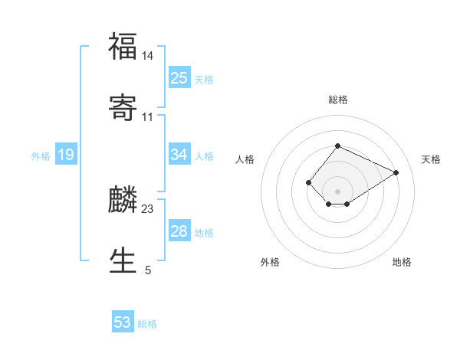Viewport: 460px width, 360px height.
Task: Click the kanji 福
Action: (x=123, y=47)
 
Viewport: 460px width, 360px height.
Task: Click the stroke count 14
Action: (x=148, y=56)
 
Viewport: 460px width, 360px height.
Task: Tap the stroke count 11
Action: (x=148, y=117)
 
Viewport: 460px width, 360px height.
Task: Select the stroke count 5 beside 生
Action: (x=148, y=270)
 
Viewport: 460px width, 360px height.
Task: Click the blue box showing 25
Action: (x=179, y=78)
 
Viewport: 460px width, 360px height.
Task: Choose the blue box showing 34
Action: (x=179, y=155)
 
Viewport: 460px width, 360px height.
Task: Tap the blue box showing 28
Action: (x=179, y=231)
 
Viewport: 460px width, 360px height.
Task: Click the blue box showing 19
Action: (x=66, y=155)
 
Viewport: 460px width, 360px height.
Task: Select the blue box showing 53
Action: (x=123, y=322)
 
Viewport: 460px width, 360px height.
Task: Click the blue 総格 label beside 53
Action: (x=147, y=324)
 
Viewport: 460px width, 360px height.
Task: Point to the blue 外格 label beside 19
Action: (x=41, y=156)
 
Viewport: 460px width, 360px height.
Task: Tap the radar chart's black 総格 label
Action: (x=337, y=100)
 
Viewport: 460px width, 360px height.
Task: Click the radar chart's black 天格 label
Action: (x=431, y=159)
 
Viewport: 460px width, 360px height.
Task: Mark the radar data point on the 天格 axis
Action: (x=396, y=172)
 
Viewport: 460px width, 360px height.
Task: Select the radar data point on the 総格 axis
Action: (x=337, y=146)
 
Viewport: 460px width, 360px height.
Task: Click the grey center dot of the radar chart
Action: (x=337, y=191)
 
